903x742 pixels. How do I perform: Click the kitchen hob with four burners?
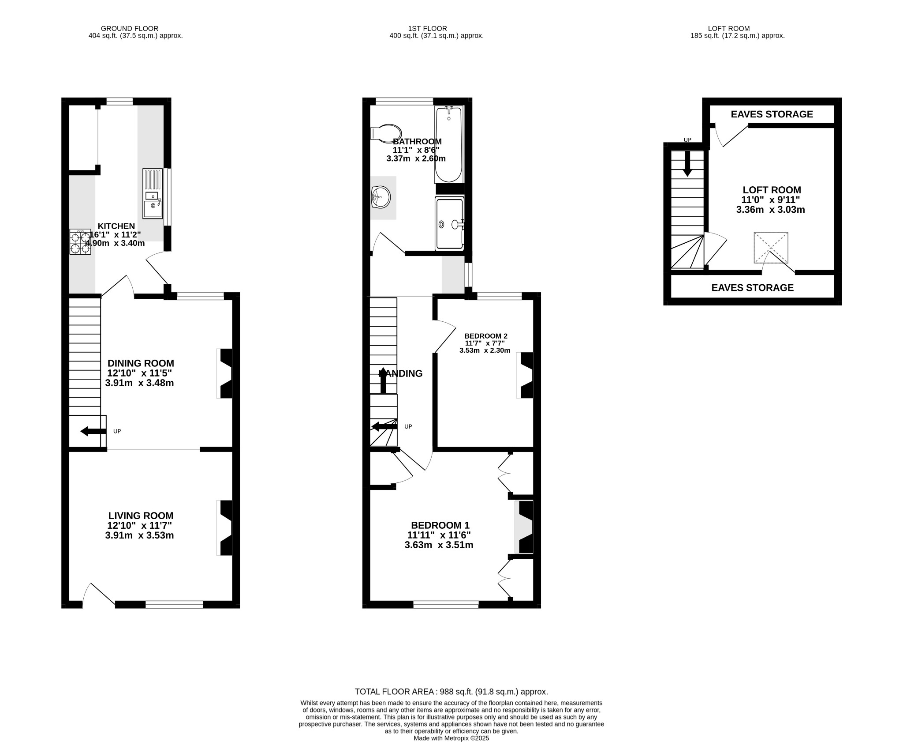(x=80, y=241)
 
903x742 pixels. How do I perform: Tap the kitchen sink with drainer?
(x=153, y=193)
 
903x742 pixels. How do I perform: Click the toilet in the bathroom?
(x=387, y=133)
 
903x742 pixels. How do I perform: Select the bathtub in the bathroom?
(x=449, y=144)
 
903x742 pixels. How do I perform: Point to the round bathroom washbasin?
(x=381, y=197)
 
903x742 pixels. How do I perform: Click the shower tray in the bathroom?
(x=449, y=224)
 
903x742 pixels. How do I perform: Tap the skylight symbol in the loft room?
(x=771, y=247)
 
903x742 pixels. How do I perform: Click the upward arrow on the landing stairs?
(x=383, y=380)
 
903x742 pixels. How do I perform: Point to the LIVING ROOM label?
(x=141, y=516)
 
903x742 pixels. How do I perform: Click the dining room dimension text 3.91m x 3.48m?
(x=139, y=383)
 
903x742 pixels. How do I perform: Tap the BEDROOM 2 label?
(x=485, y=336)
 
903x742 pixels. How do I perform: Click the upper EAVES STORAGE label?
(x=772, y=114)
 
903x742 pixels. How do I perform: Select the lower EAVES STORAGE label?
(x=752, y=288)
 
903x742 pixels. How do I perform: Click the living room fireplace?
(x=225, y=527)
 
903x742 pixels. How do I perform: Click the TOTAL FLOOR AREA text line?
(x=451, y=692)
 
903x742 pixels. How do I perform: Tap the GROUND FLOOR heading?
(x=130, y=28)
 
